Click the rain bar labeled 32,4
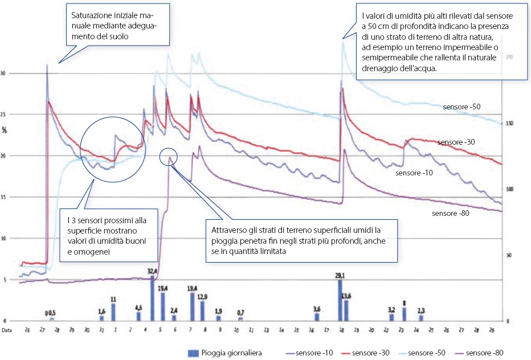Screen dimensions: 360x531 tap(152, 298)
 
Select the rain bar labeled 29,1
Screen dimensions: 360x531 tap(340, 300)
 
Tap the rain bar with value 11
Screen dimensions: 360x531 tap(113, 312)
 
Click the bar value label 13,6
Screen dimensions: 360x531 tap(346, 296)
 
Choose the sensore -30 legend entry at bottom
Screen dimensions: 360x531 tap(365, 353)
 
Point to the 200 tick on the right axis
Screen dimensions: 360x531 tap(509, 58)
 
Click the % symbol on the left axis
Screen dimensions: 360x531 tap(4, 130)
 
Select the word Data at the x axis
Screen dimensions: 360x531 tap(6, 330)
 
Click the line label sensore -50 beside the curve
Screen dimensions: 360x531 tap(462, 107)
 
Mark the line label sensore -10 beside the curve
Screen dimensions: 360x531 tap(414, 171)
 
